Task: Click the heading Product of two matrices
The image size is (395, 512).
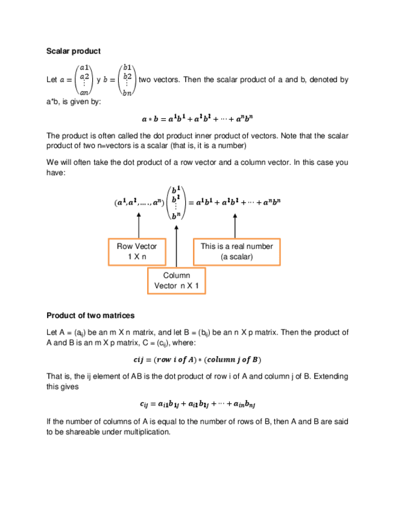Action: click(x=90, y=315)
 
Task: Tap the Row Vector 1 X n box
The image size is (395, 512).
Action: click(x=137, y=251)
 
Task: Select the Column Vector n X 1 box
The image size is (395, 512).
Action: click(x=176, y=281)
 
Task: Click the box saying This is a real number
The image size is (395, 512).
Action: click(x=236, y=251)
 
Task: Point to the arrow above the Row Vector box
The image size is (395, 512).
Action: click(x=139, y=227)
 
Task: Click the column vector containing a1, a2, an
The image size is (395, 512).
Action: click(x=85, y=80)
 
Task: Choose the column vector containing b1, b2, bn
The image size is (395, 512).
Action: click(x=127, y=80)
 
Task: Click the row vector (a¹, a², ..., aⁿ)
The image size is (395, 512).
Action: click(x=138, y=203)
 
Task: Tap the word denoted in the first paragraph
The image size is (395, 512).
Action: click(x=322, y=80)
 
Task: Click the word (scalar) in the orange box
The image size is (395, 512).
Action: click(x=236, y=257)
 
